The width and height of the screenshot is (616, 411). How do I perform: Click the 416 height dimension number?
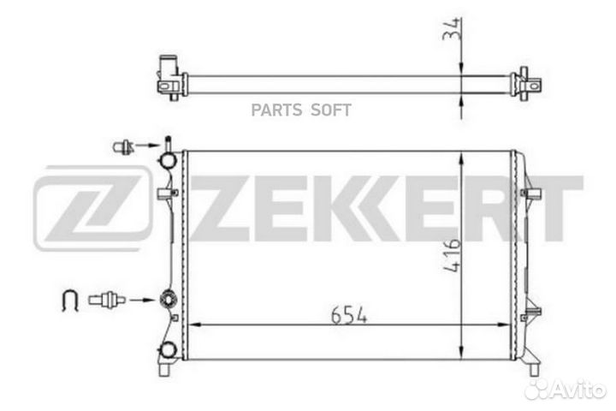tap(452, 255)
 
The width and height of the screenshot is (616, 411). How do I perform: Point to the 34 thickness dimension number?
tap(451, 28)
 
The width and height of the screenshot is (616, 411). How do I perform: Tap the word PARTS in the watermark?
tap(276, 110)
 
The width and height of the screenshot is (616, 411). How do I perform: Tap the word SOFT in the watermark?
tap(331, 110)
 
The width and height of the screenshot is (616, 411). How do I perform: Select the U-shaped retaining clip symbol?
tap(70, 301)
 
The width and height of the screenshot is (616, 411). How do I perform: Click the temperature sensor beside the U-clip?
tap(106, 300)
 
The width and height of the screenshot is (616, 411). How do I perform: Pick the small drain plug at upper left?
tap(123, 146)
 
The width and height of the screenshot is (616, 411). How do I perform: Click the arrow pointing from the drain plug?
tap(148, 145)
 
